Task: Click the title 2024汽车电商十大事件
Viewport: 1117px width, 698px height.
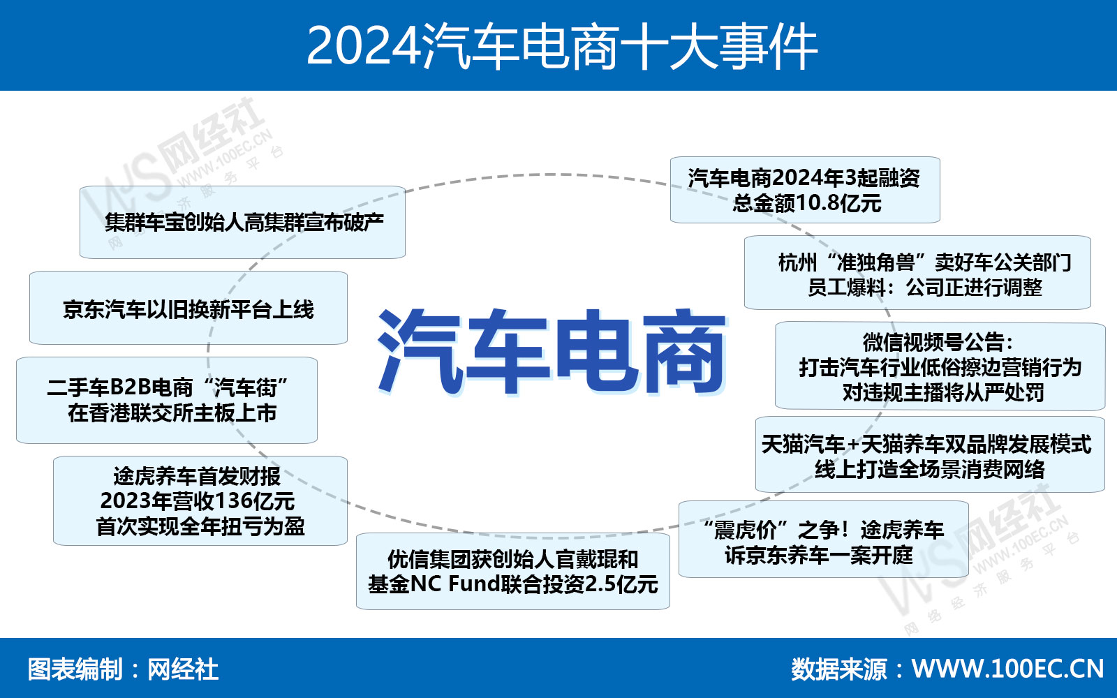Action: click(x=561, y=46)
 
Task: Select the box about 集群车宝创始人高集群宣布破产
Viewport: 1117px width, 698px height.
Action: click(x=242, y=223)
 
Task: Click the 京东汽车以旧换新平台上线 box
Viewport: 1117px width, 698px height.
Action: click(x=188, y=308)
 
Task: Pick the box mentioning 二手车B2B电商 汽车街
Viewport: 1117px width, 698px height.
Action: click(x=167, y=401)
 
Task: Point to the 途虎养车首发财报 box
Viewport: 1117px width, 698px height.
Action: click(x=200, y=500)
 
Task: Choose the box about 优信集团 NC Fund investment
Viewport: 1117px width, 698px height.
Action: click(x=513, y=572)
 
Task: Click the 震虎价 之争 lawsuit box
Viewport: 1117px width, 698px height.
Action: click(x=824, y=540)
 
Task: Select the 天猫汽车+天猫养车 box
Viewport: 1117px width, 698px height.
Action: click(x=930, y=454)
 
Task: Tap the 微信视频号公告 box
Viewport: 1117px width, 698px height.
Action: click(x=940, y=366)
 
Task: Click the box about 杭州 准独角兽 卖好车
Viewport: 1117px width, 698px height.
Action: click(x=917, y=273)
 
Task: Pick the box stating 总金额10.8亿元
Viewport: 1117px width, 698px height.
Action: click(x=806, y=190)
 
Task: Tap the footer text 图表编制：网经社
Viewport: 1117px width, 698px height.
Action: click(x=123, y=669)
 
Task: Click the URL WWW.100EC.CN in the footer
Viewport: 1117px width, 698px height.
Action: click(x=1008, y=669)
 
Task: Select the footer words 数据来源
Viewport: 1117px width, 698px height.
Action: click(x=838, y=669)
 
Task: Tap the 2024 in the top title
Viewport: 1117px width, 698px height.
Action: click(x=362, y=46)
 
